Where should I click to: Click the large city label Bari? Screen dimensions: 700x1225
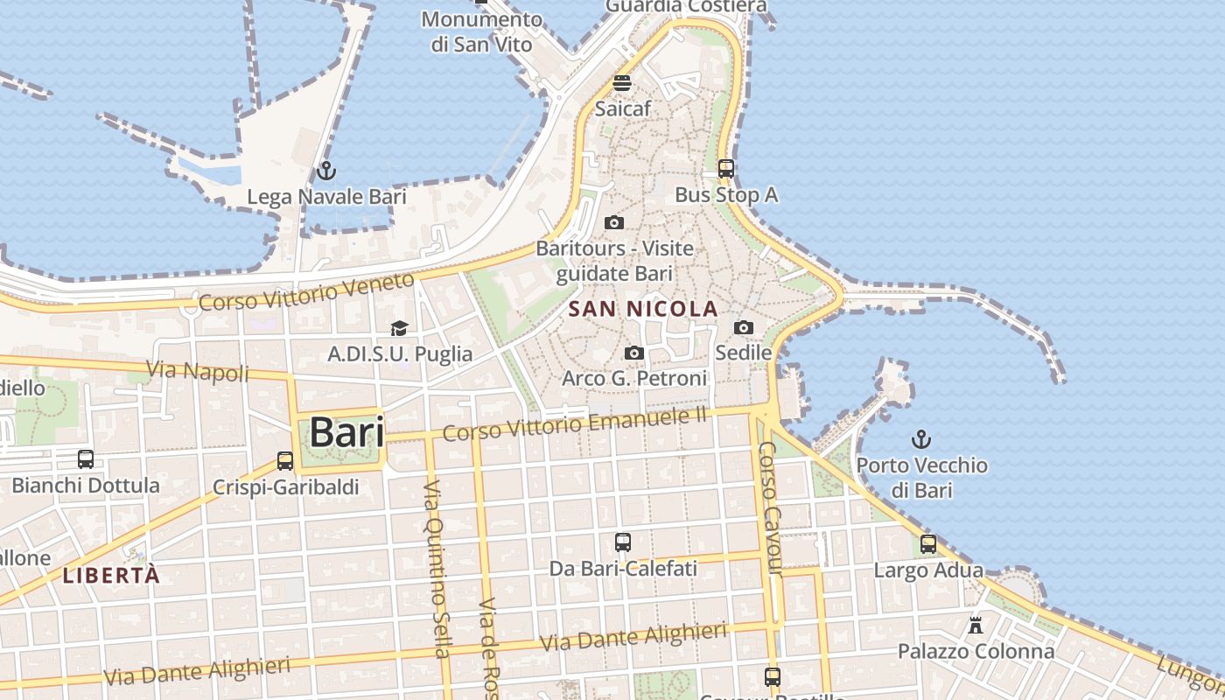pyautogui.click(x=346, y=432)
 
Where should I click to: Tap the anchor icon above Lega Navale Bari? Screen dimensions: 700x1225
pyautogui.click(x=326, y=171)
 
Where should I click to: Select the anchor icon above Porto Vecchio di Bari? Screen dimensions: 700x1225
pyautogui.click(x=920, y=438)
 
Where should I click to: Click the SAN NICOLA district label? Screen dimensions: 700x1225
pyautogui.click(x=643, y=309)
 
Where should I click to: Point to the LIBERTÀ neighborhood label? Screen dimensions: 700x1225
pyautogui.click(x=112, y=575)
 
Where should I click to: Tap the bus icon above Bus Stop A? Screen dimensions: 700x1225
pyautogui.click(x=725, y=169)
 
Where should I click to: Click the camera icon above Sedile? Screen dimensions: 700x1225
pyautogui.click(x=744, y=328)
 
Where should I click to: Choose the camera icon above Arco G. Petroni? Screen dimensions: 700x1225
pyautogui.click(x=634, y=353)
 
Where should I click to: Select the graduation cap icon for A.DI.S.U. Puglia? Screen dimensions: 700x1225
pyautogui.click(x=399, y=329)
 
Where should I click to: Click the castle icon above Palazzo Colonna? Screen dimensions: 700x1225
pyautogui.click(x=976, y=626)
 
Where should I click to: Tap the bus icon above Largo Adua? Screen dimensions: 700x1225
pyautogui.click(x=928, y=544)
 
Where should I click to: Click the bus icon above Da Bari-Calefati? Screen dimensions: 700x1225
pyautogui.click(x=623, y=542)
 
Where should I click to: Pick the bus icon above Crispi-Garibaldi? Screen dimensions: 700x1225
pyautogui.click(x=285, y=461)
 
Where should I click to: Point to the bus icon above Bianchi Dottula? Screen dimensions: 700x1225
pyautogui.click(x=86, y=459)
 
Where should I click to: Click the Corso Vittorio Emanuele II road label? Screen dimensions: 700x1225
pyautogui.click(x=574, y=423)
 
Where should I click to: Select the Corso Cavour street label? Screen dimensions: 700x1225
pyautogui.click(x=769, y=508)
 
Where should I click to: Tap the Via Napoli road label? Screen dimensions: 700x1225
pyautogui.click(x=198, y=371)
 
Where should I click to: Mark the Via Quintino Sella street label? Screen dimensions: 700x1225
pyautogui.click(x=436, y=568)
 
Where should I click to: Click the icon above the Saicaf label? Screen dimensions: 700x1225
pyautogui.click(x=622, y=83)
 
